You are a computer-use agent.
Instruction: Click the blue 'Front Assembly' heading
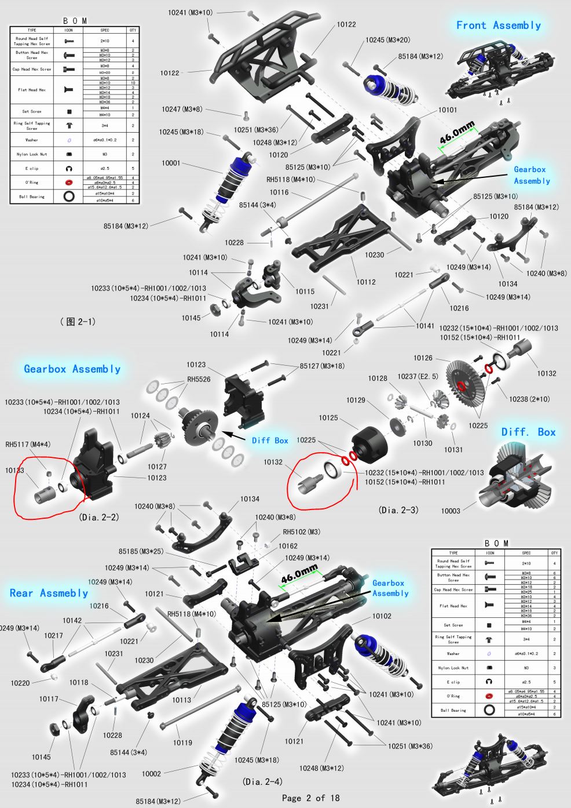coord(498,26)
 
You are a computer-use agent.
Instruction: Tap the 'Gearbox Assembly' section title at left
coord(72,369)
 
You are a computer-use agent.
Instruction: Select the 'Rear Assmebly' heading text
coord(49,593)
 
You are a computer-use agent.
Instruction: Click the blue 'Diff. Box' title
coord(528,432)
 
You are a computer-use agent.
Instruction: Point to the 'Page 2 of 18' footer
coord(310,798)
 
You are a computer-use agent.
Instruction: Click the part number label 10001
coord(171,163)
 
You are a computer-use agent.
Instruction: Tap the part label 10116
coord(279,192)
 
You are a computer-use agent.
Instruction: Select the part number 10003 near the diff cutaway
coord(451,511)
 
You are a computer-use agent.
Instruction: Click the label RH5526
coord(199,380)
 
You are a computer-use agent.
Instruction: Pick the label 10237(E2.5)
coord(418,377)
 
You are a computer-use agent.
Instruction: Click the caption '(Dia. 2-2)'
coord(99,517)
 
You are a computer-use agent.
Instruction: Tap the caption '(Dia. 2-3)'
coord(398,510)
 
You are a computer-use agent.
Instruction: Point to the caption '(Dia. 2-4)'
coord(263,782)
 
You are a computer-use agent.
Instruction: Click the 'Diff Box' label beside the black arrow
coord(270,441)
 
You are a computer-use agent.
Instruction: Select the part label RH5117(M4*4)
coord(28,445)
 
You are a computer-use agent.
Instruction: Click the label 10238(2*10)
coord(529,399)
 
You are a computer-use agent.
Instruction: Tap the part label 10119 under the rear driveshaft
coord(182,743)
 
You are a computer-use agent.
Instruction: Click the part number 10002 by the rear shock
coord(151,774)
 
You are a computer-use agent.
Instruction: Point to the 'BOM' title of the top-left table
coord(75,21)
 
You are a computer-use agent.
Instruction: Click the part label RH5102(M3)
coord(301,532)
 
